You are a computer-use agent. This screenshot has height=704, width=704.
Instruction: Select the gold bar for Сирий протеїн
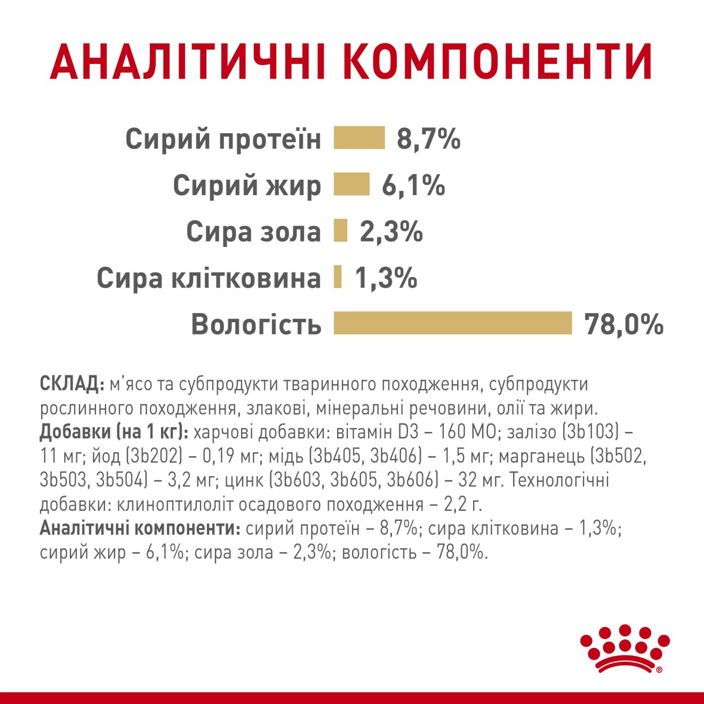[x=359, y=138]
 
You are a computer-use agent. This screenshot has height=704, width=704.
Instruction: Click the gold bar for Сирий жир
[x=351, y=185]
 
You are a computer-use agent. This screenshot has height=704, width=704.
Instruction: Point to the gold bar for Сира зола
[x=340, y=231]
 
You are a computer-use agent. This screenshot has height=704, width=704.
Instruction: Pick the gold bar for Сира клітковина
[x=338, y=277]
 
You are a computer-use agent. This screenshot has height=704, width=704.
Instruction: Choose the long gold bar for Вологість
[x=452, y=323]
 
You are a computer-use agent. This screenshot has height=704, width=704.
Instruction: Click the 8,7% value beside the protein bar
[x=428, y=139]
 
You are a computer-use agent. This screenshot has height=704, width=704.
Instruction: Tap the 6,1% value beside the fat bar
[x=413, y=186]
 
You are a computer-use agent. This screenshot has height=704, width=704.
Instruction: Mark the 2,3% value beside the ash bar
[x=391, y=232]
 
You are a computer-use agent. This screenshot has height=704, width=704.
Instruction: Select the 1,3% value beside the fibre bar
[x=386, y=278]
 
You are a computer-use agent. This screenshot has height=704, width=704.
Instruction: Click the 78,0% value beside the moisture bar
[x=623, y=324]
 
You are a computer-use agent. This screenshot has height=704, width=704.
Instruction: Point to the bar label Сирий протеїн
[x=223, y=139]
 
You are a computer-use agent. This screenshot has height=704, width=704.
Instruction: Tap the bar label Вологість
[x=257, y=324]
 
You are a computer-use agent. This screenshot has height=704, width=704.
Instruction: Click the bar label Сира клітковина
[x=209, y=278]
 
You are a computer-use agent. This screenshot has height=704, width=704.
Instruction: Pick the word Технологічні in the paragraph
[x=559, y=480]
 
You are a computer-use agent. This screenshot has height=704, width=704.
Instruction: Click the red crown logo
[x=624, y=649]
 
